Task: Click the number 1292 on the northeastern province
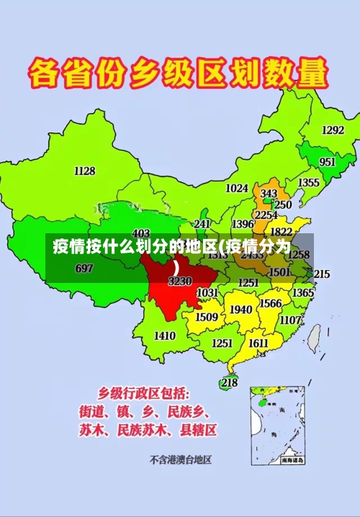[x=333, y=130]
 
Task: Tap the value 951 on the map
[x=328, y=162]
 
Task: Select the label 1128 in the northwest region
[x=84, y=171]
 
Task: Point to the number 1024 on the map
[x=237, y=189]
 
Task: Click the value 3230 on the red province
[x=179, y=282]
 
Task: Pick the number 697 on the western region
[x=84, y=269]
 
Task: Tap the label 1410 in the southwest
[x=165, y=336]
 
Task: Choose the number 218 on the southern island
[x=229, y=382]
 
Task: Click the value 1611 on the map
[x=258, y=343]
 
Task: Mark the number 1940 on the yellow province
[x=240, y=310]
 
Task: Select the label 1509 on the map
[x=207, y=317]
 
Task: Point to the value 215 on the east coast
[x=321, y=274]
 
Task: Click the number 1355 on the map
[x=308, y=183]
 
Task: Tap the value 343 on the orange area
[x=269, y=194]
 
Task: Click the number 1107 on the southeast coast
[x=291, y=320]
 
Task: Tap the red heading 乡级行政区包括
[x=144, y=393]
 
